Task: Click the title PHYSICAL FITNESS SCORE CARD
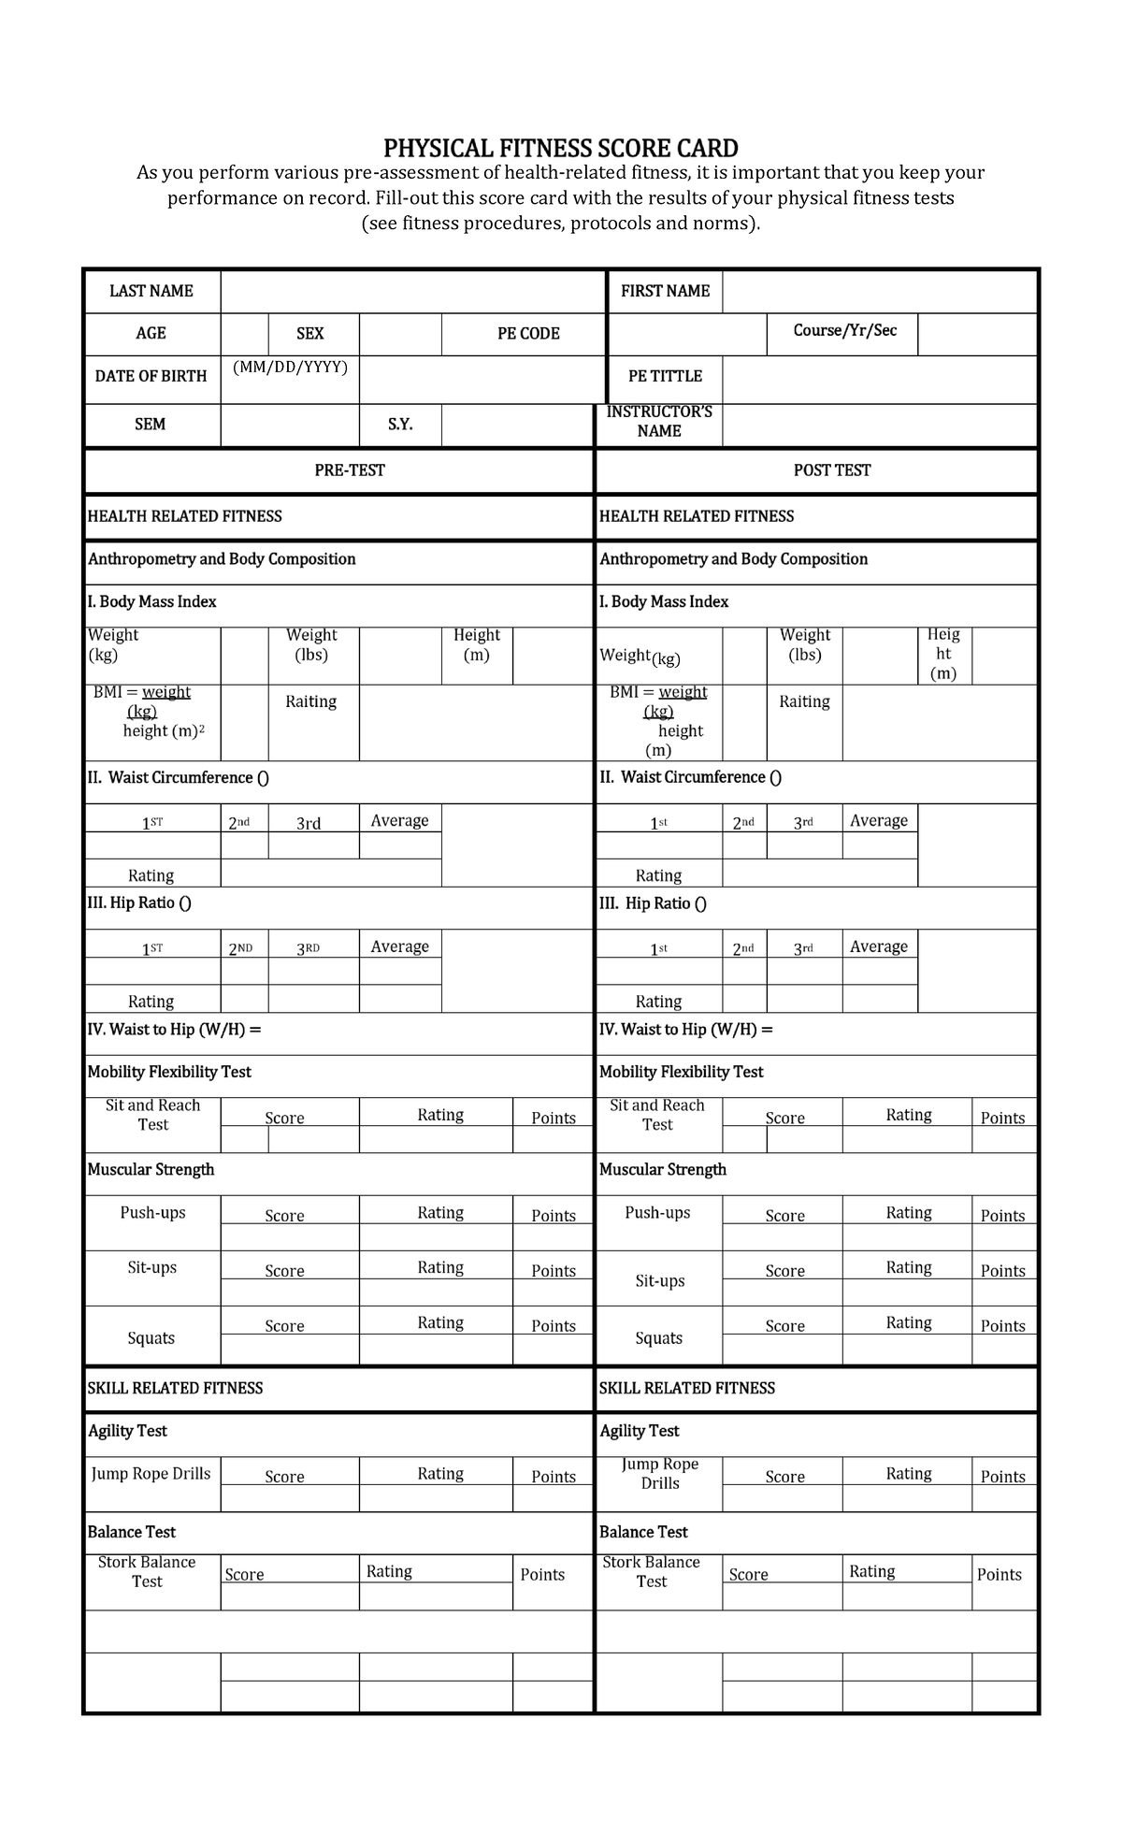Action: coord(560,148)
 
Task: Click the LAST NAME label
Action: coord(151,291)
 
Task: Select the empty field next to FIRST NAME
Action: coord(879,292)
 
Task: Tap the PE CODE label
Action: coord(528,334)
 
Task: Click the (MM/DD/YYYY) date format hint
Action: coord(290,368)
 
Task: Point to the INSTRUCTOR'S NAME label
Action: coord(659,421)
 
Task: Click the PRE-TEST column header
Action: coord(350,470)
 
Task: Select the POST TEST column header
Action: coord(831,470)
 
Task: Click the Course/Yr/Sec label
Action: coord(844,330)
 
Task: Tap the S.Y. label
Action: coord(400,425)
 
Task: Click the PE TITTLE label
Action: coord(665,376)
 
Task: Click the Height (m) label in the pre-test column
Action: coord(477,644)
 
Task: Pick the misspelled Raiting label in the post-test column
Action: coord(804,701)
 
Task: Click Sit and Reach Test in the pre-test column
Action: coord(153,1115)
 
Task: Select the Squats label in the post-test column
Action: coord(658,1338)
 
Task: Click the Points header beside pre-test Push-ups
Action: coord(553,1216)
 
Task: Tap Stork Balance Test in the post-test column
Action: coord(651,1572)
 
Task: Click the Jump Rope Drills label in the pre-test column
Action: coord(151,1474)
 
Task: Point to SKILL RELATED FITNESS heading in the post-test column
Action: coord(687,1389)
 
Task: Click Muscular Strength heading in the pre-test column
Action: coord(151,1170)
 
